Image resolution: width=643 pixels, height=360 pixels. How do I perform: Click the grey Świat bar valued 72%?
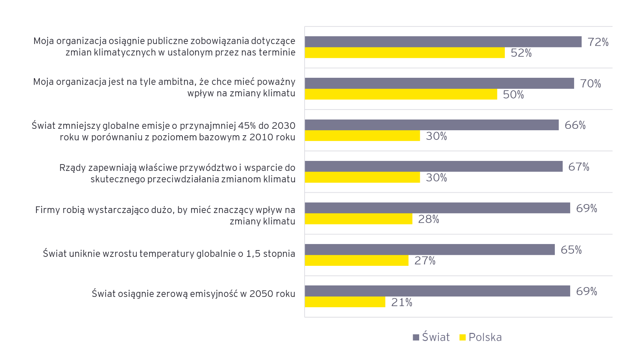443,42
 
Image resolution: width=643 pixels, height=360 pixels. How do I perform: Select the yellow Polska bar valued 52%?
405,53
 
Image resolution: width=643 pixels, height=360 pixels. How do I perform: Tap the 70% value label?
591,83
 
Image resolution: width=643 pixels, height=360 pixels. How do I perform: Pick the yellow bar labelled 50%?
401,94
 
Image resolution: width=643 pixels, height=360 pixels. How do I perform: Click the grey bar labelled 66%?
431,125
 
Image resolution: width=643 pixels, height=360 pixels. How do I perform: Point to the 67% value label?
579,167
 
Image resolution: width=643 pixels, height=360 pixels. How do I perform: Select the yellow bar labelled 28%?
358,219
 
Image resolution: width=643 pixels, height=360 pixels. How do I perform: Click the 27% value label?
425,261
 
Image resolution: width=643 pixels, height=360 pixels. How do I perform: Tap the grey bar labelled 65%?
429,250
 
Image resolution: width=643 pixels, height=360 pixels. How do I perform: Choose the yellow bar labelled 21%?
345,302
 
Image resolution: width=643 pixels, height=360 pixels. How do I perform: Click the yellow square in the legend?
463,338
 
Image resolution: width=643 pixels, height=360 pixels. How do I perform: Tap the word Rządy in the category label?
72,168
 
